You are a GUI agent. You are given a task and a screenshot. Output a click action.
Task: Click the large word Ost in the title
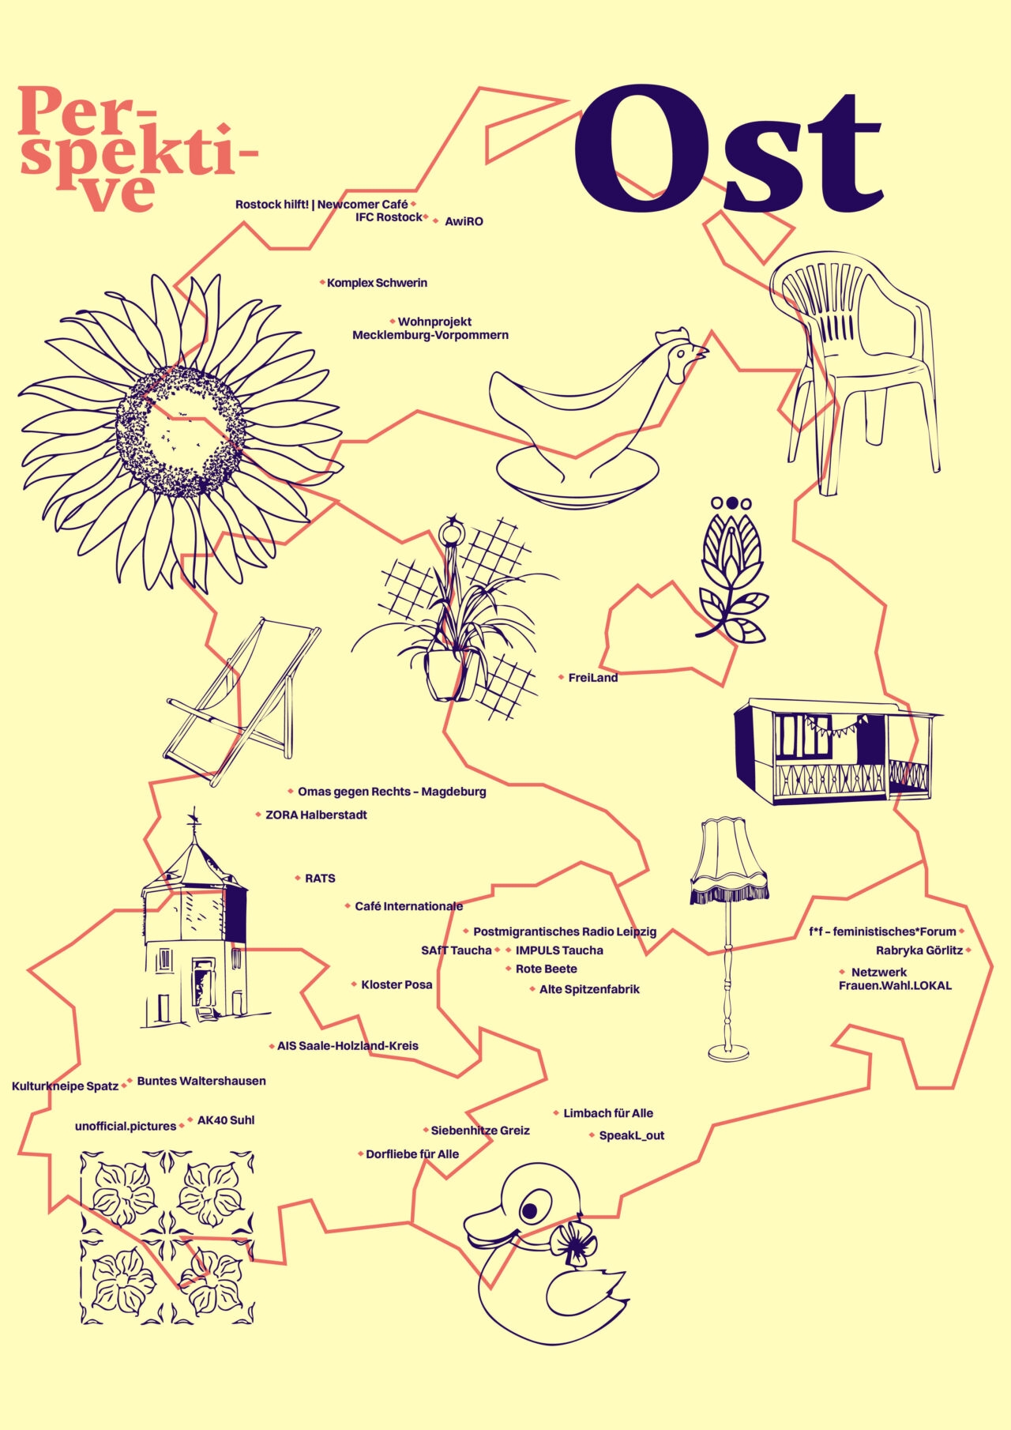(727, 150)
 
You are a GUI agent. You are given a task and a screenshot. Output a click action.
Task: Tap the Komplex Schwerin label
(377, 283)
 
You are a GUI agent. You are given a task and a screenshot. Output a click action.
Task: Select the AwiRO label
(464, 222)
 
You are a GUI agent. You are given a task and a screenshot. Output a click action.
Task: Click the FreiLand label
(592, 678)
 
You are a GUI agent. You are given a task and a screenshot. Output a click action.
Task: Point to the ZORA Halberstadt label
(316, 815)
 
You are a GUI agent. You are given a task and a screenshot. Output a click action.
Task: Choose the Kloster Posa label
(397, 985)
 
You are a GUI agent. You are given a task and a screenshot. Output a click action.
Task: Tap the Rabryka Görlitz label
(919, 951)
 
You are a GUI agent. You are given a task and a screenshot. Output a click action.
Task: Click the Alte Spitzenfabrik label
(589, 990)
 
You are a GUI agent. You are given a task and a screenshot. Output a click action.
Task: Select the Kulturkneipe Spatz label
(65, 1087)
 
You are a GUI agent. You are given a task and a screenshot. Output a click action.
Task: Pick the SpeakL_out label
(631, 1136)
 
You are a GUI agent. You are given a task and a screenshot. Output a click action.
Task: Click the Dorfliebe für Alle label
(412, 1154)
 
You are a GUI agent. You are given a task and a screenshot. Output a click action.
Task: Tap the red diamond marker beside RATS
(298, 878)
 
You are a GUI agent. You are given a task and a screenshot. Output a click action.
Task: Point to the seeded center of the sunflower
(181, 431)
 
